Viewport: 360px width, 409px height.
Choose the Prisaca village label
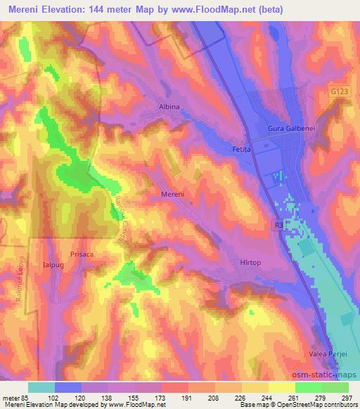[82, 255]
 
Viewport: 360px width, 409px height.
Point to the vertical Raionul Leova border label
[20, 281]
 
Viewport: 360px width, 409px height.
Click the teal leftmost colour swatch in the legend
[41, 387]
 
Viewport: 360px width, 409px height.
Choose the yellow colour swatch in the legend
[282, 387]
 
